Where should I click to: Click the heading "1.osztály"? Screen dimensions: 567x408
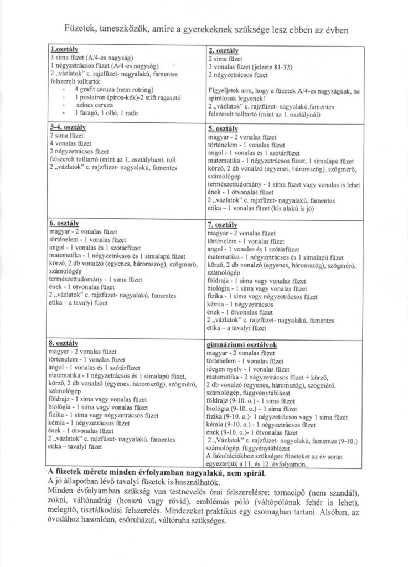[62, 50]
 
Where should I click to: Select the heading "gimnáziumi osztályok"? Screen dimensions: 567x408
[241, 344]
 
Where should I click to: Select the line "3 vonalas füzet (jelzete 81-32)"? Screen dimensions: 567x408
[252, 66]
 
